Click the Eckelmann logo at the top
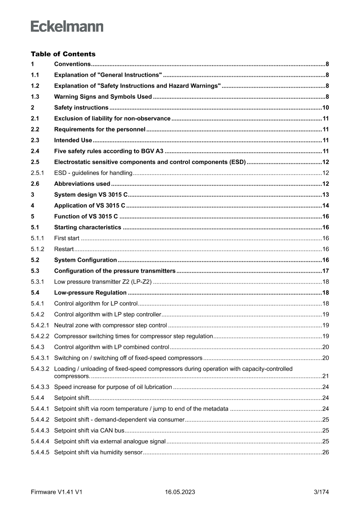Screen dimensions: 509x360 click(67, 27)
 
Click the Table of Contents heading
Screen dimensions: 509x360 click(63, 54)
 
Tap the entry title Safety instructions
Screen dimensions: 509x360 click(81, 108)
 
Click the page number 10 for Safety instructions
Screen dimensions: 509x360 click(325, 108)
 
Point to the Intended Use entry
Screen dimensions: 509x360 click(73, 140)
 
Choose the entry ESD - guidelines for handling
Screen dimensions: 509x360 click(93, 173)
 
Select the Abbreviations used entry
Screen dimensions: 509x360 click(82, 184)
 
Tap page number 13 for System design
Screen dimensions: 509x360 click(325, 195)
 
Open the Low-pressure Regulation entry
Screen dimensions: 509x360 click(90, 293)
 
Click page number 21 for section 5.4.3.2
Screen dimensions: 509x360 click(325, 376)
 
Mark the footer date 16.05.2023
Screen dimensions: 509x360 click(180, 492)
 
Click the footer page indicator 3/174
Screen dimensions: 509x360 click(321, 492)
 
